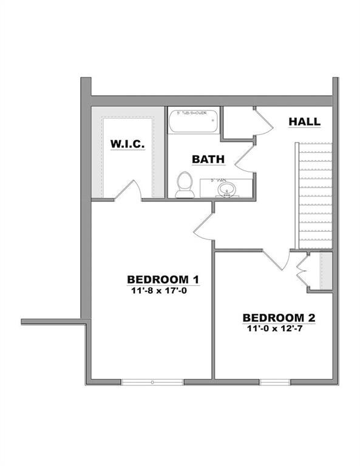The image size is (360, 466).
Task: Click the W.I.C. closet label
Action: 127,144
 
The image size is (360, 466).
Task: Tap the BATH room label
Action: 208,159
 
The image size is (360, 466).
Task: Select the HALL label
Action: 304,122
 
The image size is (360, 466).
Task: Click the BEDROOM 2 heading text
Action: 279,317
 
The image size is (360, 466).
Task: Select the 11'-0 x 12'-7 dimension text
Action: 279,328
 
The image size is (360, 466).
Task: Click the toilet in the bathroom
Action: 183,184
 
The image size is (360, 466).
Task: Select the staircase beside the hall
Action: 314,195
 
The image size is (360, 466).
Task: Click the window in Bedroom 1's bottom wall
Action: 152,382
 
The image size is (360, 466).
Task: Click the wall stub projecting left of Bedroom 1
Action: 51,321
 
